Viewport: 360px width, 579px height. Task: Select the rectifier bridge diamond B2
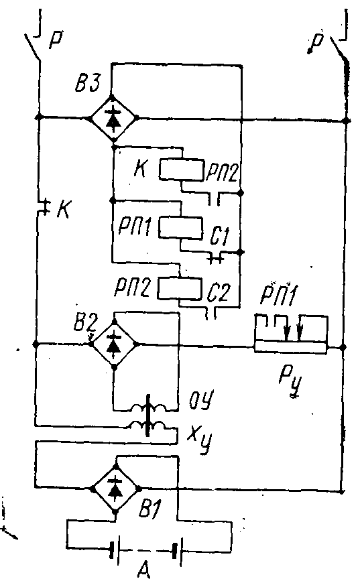[x=114, y=344]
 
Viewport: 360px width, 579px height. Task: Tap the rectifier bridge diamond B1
[x=116, y=489]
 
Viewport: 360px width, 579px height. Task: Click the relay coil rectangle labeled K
[x=182, y=170]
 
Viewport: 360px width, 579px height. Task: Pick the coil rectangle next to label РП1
[x=181, y=229]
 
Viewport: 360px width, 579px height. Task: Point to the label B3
[x=88, y=84]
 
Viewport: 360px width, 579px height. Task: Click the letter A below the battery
[x=143, y=569]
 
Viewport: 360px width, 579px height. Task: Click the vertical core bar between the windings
[x=148, y=415]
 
